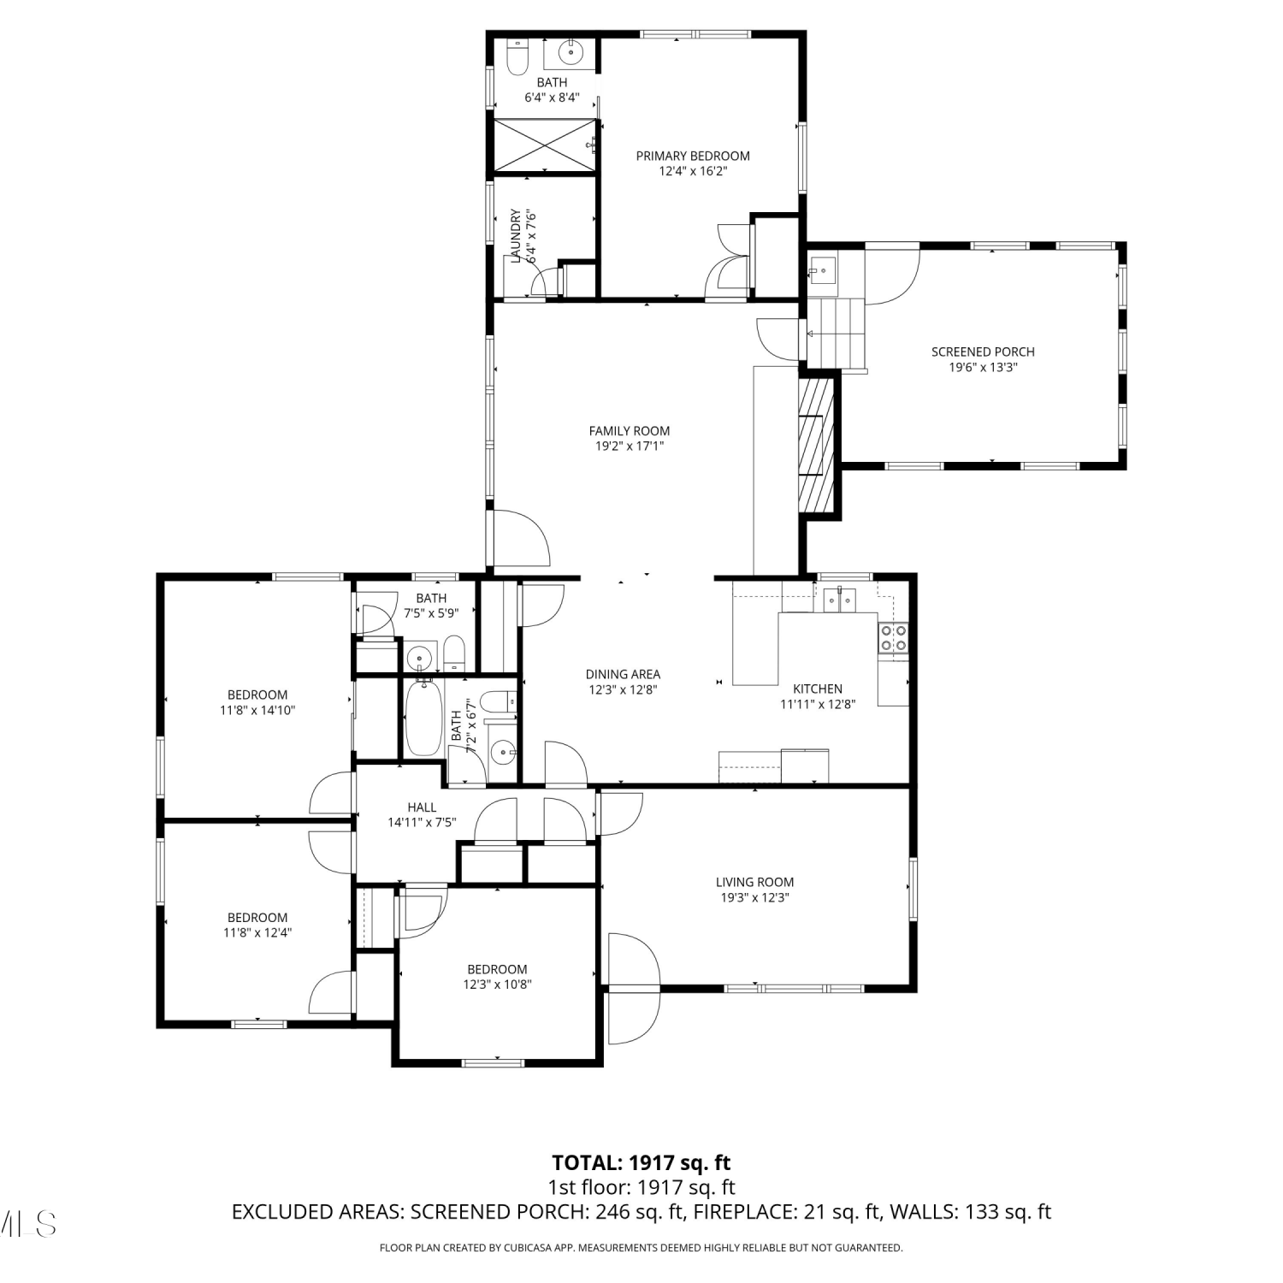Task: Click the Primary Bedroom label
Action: tap(693, 156)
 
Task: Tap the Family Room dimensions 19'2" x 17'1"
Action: tap(630, 446)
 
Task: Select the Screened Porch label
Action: tap(983, 352)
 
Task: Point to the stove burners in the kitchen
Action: tap(893, 638)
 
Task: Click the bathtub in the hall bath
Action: tap(423, 718)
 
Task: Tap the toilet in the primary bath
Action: tap(517, 56)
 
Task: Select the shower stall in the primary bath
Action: tap(545, 145)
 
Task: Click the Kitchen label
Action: tap(818, 689)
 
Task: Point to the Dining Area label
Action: tap(623, 674)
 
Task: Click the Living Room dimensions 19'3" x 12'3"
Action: tap(754, 897)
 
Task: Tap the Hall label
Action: tap(422, 807)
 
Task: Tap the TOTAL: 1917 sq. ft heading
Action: tap(641, 1163)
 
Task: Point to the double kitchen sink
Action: tap(840, 602)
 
